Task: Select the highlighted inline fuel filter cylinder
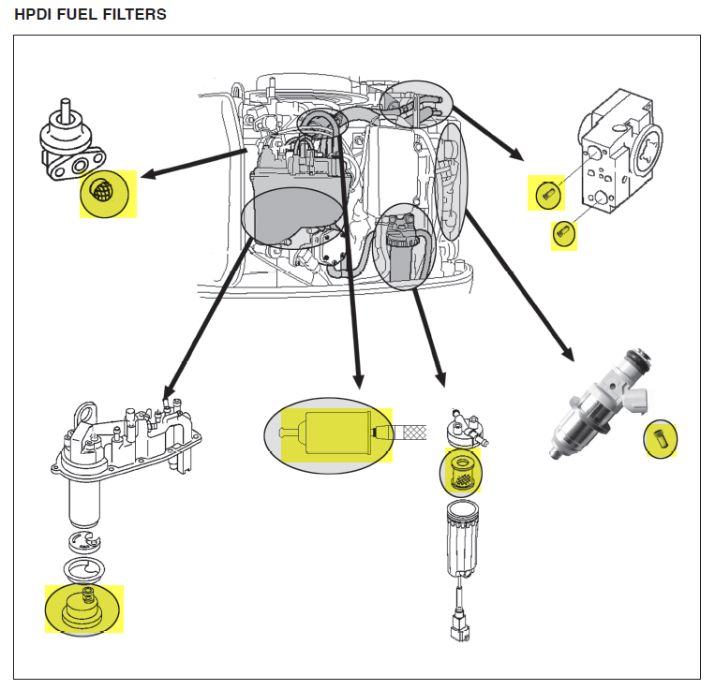(x=335, y=434)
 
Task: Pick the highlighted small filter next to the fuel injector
(x=661, y=439)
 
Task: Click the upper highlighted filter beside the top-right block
(x=548, y=195)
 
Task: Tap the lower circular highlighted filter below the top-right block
(x=564, y=232)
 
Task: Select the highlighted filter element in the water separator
(x=461, y=473)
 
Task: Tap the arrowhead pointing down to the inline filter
(x=356, y=379)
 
